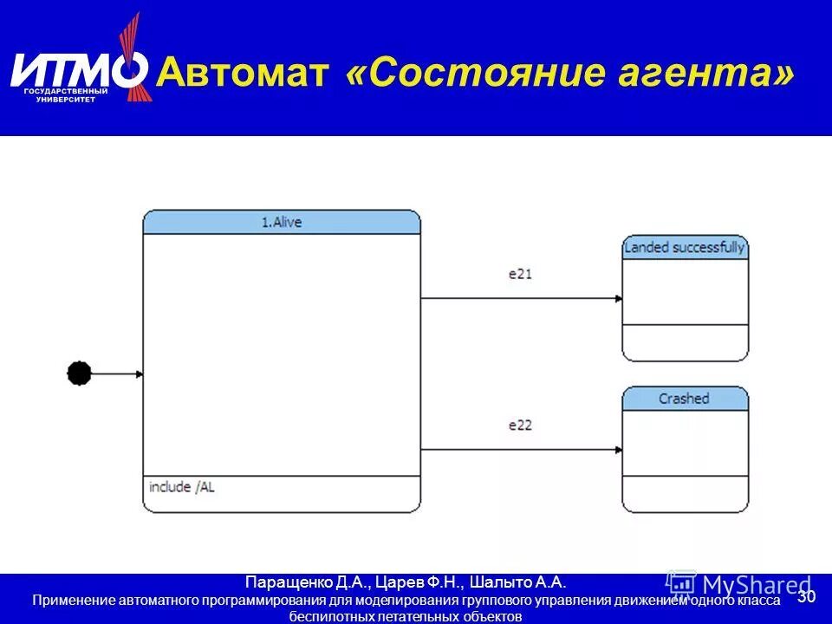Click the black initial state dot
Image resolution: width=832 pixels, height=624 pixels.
[x=79, y=374]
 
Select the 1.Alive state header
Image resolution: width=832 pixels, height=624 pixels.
[x=282, y=223]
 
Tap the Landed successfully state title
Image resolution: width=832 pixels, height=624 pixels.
[x=685, y=248]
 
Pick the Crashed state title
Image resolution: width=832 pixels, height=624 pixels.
[x=684, y=399]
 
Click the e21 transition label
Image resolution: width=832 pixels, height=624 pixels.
[x=520, y=274]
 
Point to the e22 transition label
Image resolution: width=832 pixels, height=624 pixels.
[x=520, y=426]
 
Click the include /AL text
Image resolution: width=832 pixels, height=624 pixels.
[x=182, y=487]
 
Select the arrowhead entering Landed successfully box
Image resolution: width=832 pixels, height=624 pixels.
[x=618, y=299]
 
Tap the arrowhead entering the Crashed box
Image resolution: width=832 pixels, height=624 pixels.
[x=618, y=450]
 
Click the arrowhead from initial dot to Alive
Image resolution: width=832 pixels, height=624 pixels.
[x=139, y=374]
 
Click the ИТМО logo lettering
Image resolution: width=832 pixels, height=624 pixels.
[x=78, y=69]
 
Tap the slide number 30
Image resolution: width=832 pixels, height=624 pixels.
[x=806, y=597]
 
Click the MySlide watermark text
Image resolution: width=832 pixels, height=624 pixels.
[x=750, y=585]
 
